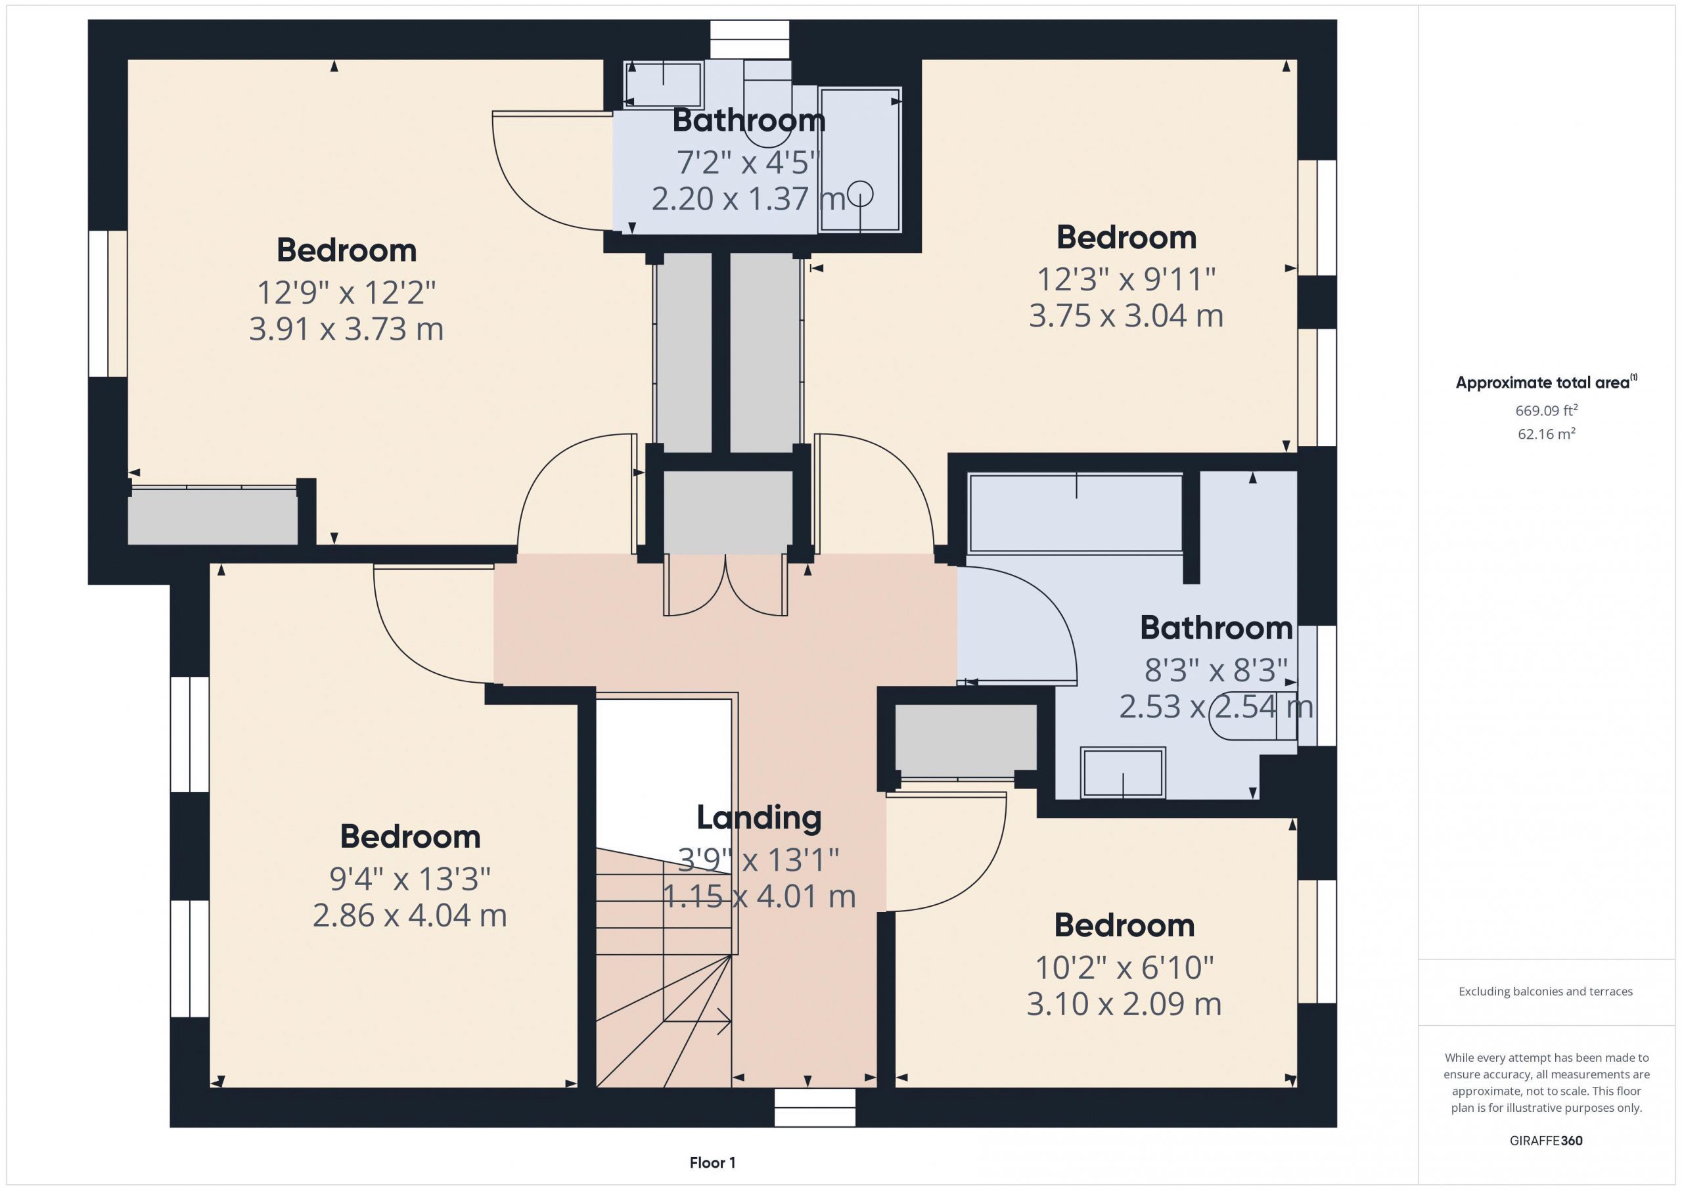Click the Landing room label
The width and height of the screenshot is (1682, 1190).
[x=758, y=819]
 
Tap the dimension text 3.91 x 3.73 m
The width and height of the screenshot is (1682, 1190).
[x=346, y=329]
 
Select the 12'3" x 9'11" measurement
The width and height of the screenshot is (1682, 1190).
[x=1126, y=279]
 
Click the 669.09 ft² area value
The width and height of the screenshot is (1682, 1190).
[x=1547, y=410]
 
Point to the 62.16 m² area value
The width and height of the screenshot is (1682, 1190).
[x=1547, y=434]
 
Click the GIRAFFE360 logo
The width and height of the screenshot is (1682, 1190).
[x=1546, y=1141]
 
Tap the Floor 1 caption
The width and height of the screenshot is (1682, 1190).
[x=712, y=1163]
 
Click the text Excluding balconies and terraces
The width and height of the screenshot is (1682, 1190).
[x=1546, y=992]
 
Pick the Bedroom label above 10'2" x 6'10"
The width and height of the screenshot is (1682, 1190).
[x=1124, y=925]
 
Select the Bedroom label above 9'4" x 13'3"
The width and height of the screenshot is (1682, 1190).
[x=410, y=836]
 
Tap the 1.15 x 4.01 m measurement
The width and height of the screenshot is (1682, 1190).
[x=759, y=896]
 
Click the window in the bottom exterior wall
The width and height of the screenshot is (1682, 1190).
[x=815, y=1107]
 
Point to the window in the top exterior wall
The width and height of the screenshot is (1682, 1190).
[x=750, y=39]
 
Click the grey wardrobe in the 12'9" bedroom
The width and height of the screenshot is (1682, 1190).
[x=212, y=516]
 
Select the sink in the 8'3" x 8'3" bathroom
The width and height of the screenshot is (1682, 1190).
[x=1123, y=772]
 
